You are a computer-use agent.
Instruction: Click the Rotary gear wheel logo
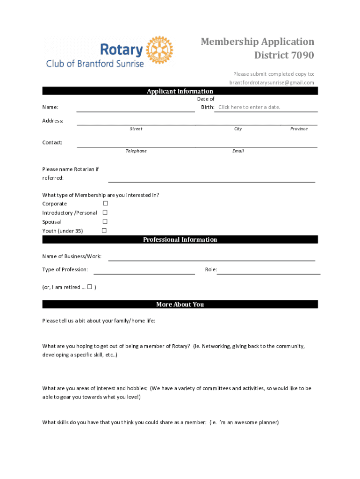(159, 49)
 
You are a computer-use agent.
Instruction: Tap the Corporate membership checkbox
(105, 203)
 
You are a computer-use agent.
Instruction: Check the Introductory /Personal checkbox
(105, 212)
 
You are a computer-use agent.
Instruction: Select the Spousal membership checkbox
(105, 221)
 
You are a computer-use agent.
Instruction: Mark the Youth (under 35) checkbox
(104, 230)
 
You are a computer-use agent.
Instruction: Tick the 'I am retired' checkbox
(89, 287)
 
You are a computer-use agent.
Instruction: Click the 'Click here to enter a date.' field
(249, 107)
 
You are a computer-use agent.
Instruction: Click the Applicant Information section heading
(180, 91)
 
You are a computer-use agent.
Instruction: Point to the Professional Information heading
(180, 239)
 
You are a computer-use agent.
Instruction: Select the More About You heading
(180, 305)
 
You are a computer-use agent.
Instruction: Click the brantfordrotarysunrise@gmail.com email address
(272, 83)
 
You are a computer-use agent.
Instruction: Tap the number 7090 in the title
(302, 56)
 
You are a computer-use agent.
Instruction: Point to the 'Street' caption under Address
(136, 129)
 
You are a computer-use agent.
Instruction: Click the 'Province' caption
(299, 129)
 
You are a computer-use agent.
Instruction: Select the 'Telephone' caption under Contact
(136, 151)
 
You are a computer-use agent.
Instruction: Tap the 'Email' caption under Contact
(238, 151)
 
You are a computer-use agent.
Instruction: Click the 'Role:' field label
(211, 269)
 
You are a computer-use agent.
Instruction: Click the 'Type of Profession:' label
(65, 269)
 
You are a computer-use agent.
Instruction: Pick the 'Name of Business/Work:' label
(72, 256)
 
